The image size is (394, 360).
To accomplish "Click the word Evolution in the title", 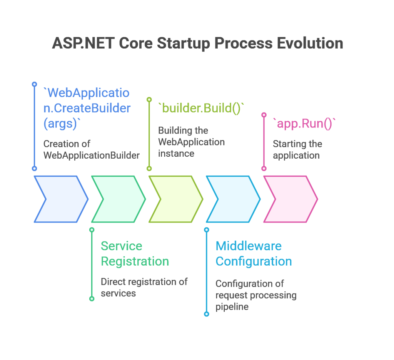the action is pos(310,43).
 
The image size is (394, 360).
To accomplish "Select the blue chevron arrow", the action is pos(61,199).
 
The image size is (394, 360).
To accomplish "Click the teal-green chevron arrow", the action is pos(119,199).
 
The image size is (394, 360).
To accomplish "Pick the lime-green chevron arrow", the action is pos(176,199).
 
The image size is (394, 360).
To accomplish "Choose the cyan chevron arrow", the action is pos(233,199).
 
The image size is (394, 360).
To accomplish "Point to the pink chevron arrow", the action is pos(291,199).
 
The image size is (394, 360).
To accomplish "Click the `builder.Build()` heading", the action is pos(201,108).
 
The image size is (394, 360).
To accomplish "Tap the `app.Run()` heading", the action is pos(304,124).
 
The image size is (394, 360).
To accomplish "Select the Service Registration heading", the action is pos(135,254).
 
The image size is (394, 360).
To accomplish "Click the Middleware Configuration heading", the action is pos(254,254).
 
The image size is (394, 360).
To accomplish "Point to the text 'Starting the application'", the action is pos(297,149).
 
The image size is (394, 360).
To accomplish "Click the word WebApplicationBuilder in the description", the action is pos(92,156).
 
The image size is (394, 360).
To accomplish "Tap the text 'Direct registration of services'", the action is pos(144,287).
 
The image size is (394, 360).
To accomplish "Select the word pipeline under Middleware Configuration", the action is pos(232,307).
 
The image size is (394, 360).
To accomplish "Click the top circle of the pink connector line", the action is pos(264,115).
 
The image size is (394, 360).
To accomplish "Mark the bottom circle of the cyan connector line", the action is pos(207,314).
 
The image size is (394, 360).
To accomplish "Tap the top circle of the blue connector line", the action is pos(34,84).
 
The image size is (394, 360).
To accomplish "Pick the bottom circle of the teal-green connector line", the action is pos(92,299).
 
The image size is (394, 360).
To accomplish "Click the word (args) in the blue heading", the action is pos(60,124).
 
